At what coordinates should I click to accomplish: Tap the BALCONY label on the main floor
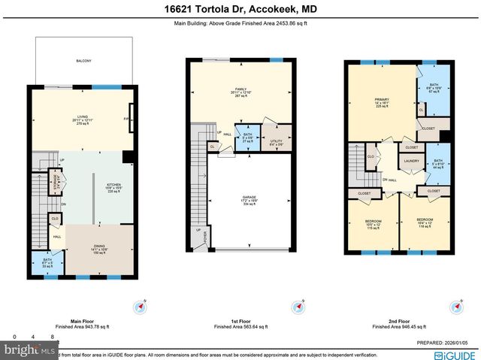83,62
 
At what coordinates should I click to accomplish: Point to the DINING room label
99,249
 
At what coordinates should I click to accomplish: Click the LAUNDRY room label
411,160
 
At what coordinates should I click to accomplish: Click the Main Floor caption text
82,322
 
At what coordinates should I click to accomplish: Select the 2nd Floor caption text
401,322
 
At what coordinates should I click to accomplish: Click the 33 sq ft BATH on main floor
47,264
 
